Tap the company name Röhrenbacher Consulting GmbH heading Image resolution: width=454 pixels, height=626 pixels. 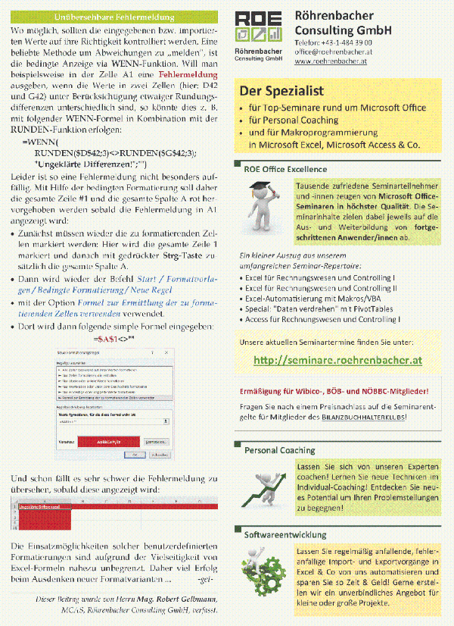(x=345, y=22)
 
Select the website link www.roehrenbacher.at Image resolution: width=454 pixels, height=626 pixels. (x=330, y=61)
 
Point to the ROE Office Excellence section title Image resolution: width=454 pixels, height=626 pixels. (x=285, y=169)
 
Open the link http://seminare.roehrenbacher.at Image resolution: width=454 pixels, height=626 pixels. (x=337, y=360)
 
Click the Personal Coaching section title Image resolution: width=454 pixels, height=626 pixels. (x=279, y=450)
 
